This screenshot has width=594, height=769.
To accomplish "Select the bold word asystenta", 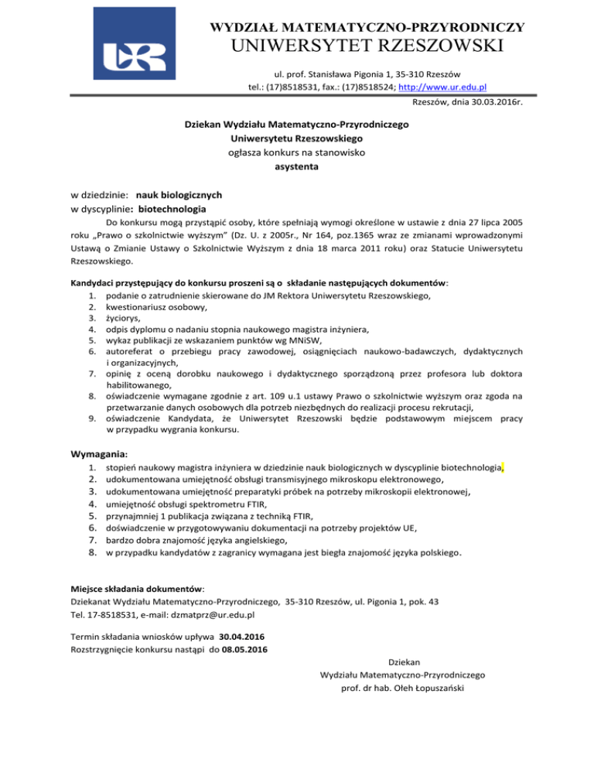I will [x=297, y=166].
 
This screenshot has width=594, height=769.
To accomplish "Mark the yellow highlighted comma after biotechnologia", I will [x=503, y=467].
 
